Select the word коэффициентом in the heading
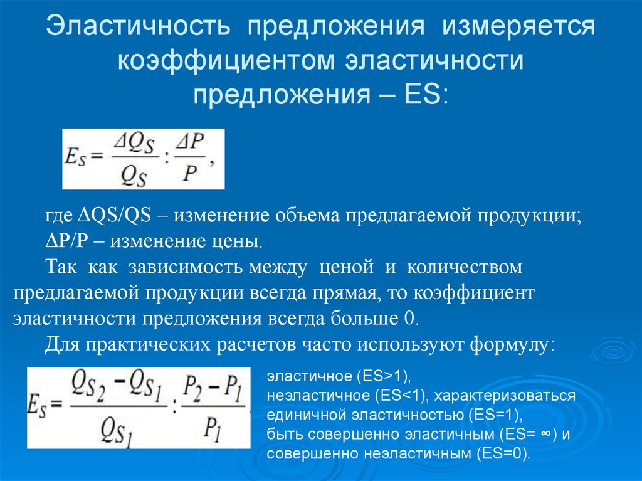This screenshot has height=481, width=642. (226, 60)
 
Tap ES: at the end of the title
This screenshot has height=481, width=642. (426, 95)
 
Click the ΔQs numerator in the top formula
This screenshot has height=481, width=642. (135, 144)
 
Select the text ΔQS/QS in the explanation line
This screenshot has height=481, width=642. (115, 215)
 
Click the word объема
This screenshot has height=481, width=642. (307, 216)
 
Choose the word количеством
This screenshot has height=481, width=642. (465, 267)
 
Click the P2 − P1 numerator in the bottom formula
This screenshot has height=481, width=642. (212, 388)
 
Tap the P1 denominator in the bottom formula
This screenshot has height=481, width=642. (213, 430)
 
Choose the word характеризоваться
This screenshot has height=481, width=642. (505, 396)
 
